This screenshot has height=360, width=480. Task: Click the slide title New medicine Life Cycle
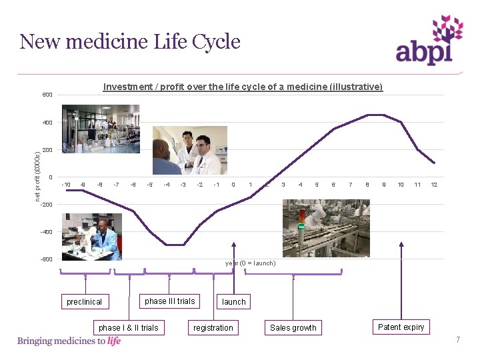[x=130, y=42]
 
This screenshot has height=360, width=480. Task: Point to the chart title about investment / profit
[x=243, y=87]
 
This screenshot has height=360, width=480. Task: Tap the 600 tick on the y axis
[x=47, y=95]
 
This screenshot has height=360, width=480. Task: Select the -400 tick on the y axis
[x=46, y=232]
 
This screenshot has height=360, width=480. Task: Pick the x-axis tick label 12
[x=434, y=185]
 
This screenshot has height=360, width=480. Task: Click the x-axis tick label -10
[x=65, y=185]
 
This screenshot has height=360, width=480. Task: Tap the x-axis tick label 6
[x=333, y=185]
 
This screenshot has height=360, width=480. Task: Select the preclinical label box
[x=85, y=302]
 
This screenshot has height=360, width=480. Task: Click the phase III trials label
[x=170, y=301]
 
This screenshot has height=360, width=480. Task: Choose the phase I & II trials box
[x=129, y=327]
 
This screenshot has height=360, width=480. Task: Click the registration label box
[x=213, y=327]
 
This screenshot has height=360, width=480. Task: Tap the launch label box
[x=234, y=302]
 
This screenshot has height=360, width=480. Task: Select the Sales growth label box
[x=293, y=327]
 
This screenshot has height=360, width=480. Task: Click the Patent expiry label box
[x=401, y=327]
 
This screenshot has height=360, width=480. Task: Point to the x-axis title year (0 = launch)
[x=250, y=263]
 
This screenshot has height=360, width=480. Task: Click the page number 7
[x=458, y=341]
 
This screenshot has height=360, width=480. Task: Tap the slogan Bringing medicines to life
[x=69, y=341]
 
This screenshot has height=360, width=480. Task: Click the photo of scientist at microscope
[x=92, y=237]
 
